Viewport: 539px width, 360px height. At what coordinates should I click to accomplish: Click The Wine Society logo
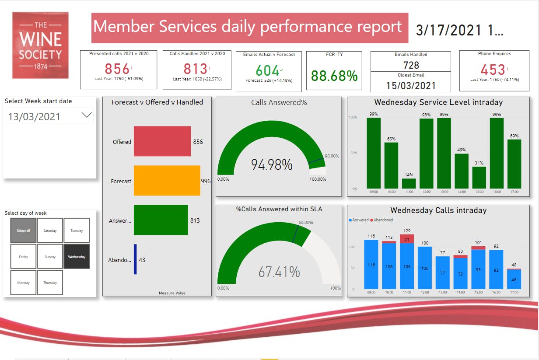coord(40,45)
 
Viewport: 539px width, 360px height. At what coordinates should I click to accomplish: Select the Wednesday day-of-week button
coord(77,257)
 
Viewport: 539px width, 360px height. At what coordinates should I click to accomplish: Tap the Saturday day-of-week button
coord(50,231)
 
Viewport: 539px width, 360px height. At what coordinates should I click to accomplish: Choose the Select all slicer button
coord(23,231)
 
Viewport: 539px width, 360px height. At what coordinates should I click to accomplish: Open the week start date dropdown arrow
coord(87,115)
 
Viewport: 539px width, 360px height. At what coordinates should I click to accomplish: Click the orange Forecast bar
coord(167,181)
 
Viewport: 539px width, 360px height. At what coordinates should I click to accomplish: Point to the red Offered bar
coord(162,141)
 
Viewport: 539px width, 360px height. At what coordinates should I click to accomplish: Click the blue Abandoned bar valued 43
coord(135,259)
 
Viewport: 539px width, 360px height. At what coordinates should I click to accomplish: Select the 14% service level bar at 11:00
coord(409,183)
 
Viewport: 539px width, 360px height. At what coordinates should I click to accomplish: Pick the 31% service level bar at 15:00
coord(479,177)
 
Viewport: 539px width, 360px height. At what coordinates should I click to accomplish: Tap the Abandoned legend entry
coord(383,220)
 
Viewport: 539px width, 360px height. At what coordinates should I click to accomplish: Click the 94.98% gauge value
coord(272,165)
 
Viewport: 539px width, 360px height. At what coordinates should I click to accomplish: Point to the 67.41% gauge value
coord(279,272)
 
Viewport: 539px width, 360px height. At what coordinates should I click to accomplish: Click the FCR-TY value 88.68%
coord(334,76)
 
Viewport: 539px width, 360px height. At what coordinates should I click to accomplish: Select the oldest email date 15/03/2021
coord(410,85)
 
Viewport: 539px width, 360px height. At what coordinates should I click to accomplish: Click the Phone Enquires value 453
coord(493,70)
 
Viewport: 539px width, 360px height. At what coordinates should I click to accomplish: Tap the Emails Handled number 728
coord(410,65)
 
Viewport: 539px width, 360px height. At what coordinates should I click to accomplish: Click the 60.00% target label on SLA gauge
coord(306,222)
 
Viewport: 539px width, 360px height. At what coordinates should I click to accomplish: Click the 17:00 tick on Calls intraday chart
coord(514,292)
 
